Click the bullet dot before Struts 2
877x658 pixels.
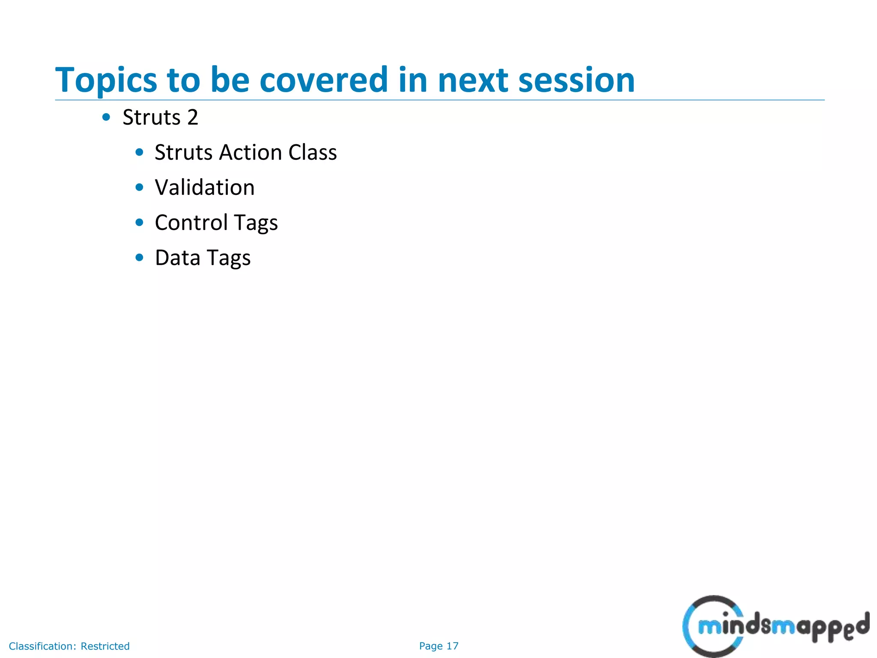[106, 117]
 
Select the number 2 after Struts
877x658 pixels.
[193, 117]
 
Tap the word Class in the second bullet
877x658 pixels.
[312, 153]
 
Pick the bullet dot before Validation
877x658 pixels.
[139, 187]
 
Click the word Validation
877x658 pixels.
[205, 188]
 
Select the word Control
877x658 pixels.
[191, 223]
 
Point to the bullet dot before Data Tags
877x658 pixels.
[139, 257]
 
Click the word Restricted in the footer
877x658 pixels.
[105, 646]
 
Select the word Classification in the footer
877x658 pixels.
[42, 646]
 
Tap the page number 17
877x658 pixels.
[452, 646]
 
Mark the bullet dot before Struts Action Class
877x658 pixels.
[139, 152]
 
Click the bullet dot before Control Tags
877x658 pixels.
[139, 222]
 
